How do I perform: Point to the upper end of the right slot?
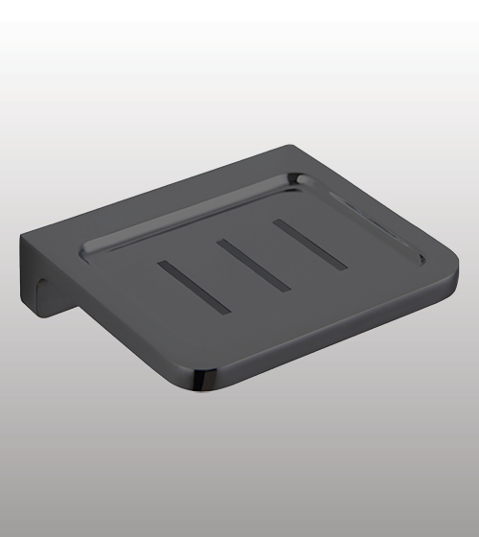(x=278, y=224)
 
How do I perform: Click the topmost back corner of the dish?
(x=287, y=147)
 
